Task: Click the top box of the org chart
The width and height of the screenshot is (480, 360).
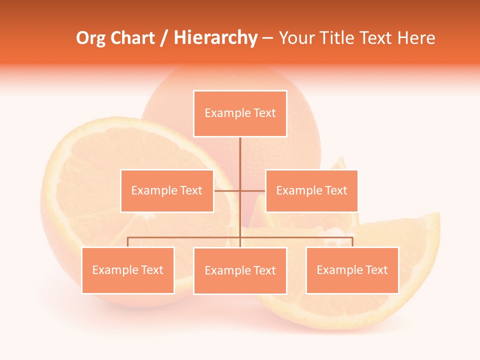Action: tap(240, 113)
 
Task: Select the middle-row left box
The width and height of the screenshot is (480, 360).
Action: tap(167, 190)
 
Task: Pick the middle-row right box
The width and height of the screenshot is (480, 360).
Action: tap(311, 190)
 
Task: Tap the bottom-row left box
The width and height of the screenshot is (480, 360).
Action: tap(128, 270)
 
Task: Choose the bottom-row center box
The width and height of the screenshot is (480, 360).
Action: tap(240, 270)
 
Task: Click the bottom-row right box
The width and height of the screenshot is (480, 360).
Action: tap(352, 270)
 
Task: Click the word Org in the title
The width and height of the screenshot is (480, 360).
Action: tap(90, 38)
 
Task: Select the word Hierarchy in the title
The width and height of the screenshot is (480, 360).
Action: tap(215, 38)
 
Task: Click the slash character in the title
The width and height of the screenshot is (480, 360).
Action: tap(163, 38)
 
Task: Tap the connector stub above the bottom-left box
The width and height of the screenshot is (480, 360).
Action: tap(128, 242)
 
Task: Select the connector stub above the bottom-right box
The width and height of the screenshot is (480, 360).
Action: tap(352, 242)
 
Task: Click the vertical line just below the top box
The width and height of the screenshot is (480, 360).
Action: tap(240, 150)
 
